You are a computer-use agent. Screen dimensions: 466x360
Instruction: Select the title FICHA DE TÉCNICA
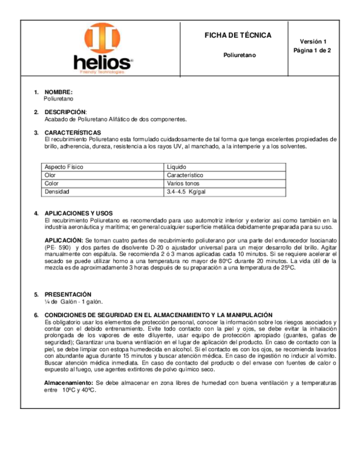point(238,35)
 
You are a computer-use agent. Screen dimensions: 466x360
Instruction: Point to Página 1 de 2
point(312,50)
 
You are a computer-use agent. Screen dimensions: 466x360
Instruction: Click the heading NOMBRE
point(58,92)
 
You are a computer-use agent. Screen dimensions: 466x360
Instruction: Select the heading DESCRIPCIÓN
point(65,112)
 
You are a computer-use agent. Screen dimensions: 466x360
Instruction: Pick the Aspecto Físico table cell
point(64,166)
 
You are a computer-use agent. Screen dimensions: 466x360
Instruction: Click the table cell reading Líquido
point(177,166)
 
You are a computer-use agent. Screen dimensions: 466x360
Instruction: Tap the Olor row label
point(50,175)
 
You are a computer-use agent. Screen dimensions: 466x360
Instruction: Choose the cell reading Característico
point(185,175)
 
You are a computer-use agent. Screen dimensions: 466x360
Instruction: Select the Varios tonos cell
point(183,183)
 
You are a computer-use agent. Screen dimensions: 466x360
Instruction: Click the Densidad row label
point(57,192)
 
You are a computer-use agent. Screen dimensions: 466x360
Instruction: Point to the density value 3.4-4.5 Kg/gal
point(190,192)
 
